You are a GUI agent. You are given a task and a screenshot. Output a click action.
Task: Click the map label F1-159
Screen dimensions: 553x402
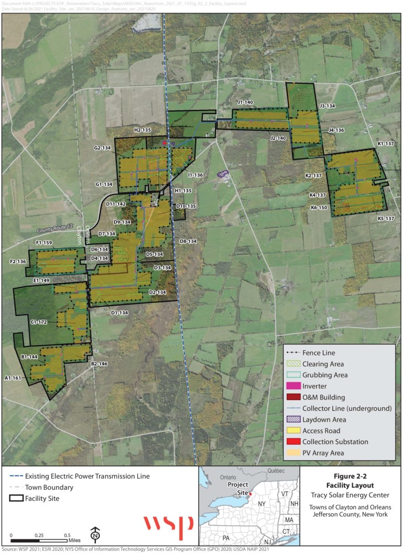[44, 242]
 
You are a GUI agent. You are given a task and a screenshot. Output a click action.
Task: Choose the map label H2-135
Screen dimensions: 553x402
[142, 130]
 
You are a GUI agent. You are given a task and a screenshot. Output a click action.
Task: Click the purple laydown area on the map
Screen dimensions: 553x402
[223, 174]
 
